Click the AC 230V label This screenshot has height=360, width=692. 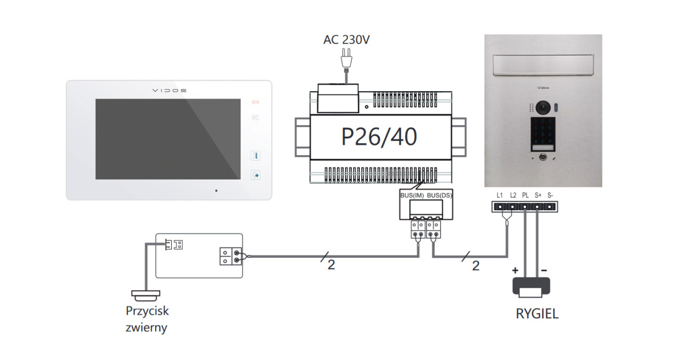tap(345, 40)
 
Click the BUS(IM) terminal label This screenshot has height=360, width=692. tap(412, 196)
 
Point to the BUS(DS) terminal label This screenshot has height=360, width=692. tap(439, 196)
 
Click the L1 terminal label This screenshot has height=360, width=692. tap(499, 195)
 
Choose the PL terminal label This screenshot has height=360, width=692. tap(525, 195)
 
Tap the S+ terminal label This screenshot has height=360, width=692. tap(537, 195)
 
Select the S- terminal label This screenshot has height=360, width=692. tap(550, 195)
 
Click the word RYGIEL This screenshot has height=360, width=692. tap(537, 315)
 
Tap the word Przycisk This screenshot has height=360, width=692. tap(147, 311)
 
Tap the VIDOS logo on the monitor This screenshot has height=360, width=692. tap(169, 91)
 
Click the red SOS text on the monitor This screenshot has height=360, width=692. tap(255, 103)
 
